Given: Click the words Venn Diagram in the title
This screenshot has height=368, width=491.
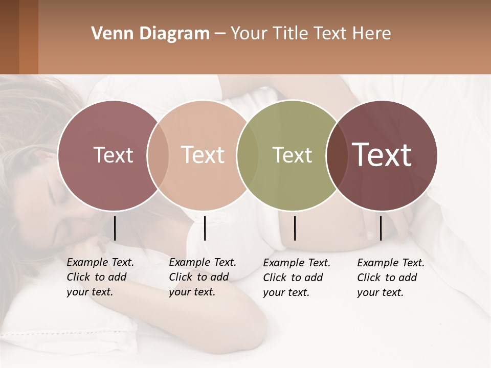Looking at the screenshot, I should (150, 34).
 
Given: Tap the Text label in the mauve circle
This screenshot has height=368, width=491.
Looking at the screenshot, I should (113, 155).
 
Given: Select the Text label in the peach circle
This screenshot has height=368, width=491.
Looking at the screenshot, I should (203, 155).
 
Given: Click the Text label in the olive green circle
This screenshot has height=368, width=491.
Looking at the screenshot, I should (292, 155).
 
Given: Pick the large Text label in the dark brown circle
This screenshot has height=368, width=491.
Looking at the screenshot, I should (382, 155).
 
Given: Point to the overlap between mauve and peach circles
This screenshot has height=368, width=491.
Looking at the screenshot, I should (158, 155).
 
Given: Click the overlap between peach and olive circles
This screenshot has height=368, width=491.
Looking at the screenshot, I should (248, 155).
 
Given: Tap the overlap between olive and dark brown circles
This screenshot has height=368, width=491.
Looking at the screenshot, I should (337, 155).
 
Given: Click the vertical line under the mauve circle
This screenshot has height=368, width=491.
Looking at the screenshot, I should (115, 228).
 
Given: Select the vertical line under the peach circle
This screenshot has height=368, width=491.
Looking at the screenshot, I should (205, 228).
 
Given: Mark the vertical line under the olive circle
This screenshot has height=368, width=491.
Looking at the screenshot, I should (295, 228).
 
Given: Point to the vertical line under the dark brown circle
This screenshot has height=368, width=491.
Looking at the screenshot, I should (381, 228).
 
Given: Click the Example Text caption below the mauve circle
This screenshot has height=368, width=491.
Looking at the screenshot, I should (100, 277).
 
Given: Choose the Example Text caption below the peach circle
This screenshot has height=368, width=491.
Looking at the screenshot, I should (203, 277).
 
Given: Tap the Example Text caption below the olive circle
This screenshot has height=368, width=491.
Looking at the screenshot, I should (297, 278).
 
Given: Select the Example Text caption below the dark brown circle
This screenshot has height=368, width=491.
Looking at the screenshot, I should (391, 278).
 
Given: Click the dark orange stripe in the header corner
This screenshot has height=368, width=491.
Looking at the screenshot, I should (28, 37).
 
